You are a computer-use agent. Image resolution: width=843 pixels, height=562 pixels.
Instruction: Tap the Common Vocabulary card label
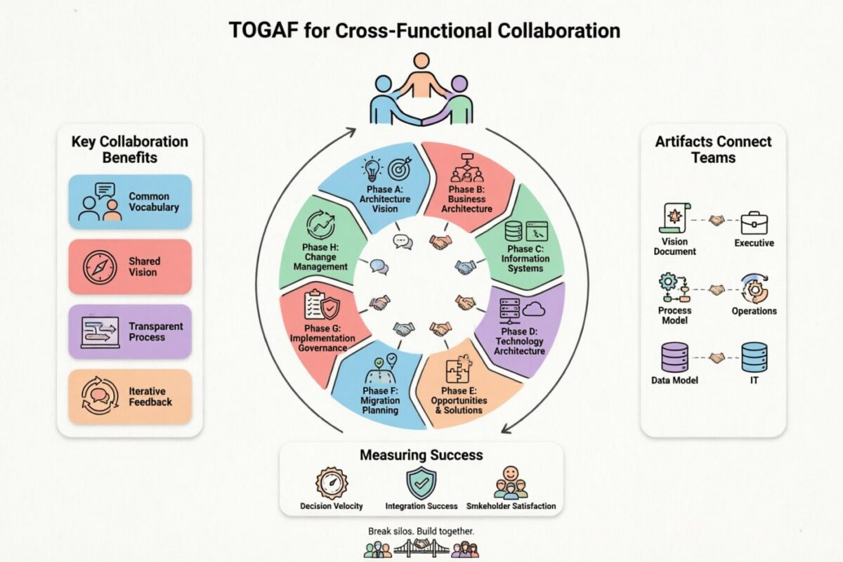pos(154,202)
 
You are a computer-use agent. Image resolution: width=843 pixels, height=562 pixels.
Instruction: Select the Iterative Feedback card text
pos(150,396)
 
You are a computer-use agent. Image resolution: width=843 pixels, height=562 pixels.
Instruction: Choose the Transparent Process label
pos(155,332)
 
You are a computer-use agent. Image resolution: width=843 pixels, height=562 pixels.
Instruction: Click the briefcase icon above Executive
pos(754,222)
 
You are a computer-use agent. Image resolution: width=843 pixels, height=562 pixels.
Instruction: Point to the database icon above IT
pos(754,358)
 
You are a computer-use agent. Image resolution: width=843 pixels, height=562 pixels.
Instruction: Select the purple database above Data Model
pos(674,357)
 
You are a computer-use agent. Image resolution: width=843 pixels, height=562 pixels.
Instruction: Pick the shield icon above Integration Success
pos(421,483)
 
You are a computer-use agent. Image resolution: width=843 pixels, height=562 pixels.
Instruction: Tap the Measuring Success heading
pos(421,455)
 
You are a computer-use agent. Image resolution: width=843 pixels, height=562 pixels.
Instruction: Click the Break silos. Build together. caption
pos(421,532)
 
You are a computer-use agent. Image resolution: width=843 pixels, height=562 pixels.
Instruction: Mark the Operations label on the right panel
pos(754,311)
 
